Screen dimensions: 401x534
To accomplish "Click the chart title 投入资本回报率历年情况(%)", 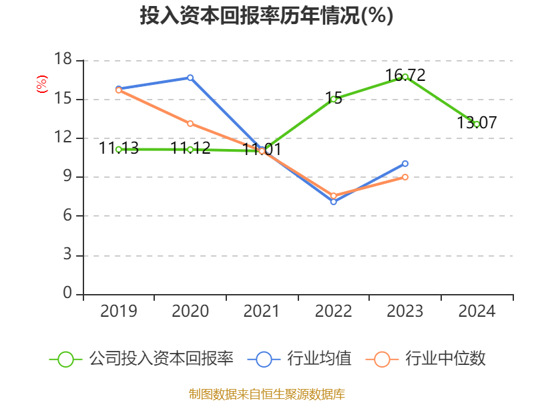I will (x=266, y=16).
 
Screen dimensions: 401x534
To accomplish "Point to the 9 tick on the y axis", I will (x=67, y=177).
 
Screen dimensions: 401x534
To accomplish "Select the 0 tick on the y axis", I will (x=67, y=294).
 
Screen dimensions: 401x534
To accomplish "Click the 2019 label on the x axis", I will (x=119, y=311).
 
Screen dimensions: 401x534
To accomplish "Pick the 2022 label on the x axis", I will (x=333, y=311).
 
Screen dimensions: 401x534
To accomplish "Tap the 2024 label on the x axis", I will (x=477, y=311).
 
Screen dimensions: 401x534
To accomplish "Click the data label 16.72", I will (x=405, y=75).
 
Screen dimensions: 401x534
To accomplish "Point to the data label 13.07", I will (x=477, y=123).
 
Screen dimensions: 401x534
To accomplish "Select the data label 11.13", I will (x=119, y=148).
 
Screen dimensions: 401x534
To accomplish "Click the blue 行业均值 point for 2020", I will (x=190, y=78).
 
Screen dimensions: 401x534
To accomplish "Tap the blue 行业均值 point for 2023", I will (x=405, y=163).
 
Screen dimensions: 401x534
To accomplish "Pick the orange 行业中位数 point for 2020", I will (x=190, y=124).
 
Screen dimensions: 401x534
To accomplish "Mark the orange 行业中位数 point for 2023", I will (x=405, y=177).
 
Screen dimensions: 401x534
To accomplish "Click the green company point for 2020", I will (x=190, y=150).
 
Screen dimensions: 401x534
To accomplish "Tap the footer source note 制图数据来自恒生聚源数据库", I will (x=266, y=394).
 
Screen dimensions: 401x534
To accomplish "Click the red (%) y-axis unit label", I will (x=42, y=84).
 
